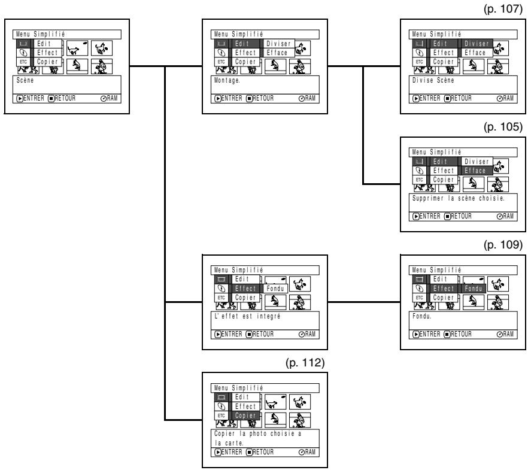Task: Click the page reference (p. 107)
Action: [x=503, y=9]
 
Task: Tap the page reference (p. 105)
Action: [x=503, y=127]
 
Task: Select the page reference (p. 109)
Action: [x=503, y=245]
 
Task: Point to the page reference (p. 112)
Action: [x=305, y=363]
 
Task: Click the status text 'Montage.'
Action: [x=227, y=81]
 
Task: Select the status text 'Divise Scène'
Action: [x=433, y=81]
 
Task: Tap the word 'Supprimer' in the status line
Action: [x=427, y=198]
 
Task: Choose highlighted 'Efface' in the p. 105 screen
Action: [x=475, y=171]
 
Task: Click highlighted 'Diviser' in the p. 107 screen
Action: [x=477, y=44]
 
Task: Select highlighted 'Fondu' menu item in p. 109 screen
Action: [x=473, y=289]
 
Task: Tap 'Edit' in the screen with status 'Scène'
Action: [x=44, y=44]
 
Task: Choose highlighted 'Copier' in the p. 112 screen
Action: [x=245, y=416]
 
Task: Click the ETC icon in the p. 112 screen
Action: [x=221, y=416]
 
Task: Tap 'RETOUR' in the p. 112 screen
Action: [x=263, y=452]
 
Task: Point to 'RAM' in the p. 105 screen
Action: [x=508, y=216]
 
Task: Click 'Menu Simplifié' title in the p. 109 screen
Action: [x=436, y=270]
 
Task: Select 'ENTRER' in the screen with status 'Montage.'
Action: [x=232, y=99]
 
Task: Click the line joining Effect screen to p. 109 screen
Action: [x=364, y=302]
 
